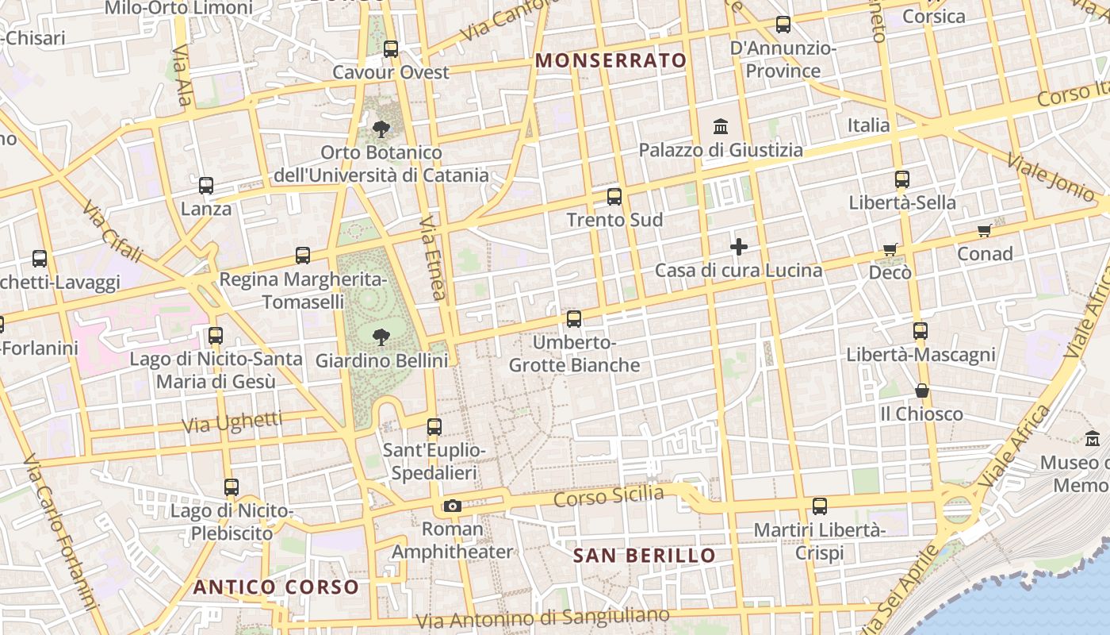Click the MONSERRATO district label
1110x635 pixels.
[610, 60]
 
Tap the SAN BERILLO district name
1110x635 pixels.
[644, 556]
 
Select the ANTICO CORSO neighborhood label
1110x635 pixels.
[277, 587]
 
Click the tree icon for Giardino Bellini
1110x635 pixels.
[381, 337]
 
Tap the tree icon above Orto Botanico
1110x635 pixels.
[381, 129]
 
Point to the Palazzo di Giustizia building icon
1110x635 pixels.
[721, 126]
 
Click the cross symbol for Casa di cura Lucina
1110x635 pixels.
[739, 247]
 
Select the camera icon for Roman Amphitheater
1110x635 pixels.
[452, 506]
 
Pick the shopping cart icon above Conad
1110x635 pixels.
[985, 231]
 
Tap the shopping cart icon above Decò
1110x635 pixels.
[890, 249]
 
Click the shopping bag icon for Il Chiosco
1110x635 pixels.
[921, 391]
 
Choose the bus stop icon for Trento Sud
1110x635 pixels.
[614, 197]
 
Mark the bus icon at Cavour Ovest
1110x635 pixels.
[391, 49]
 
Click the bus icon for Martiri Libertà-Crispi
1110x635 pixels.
[820, 506]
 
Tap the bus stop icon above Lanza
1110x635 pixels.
[206, 186]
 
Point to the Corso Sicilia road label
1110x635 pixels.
[608, 497]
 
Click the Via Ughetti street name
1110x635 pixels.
[232, 421]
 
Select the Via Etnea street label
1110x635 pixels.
[432, 257]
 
